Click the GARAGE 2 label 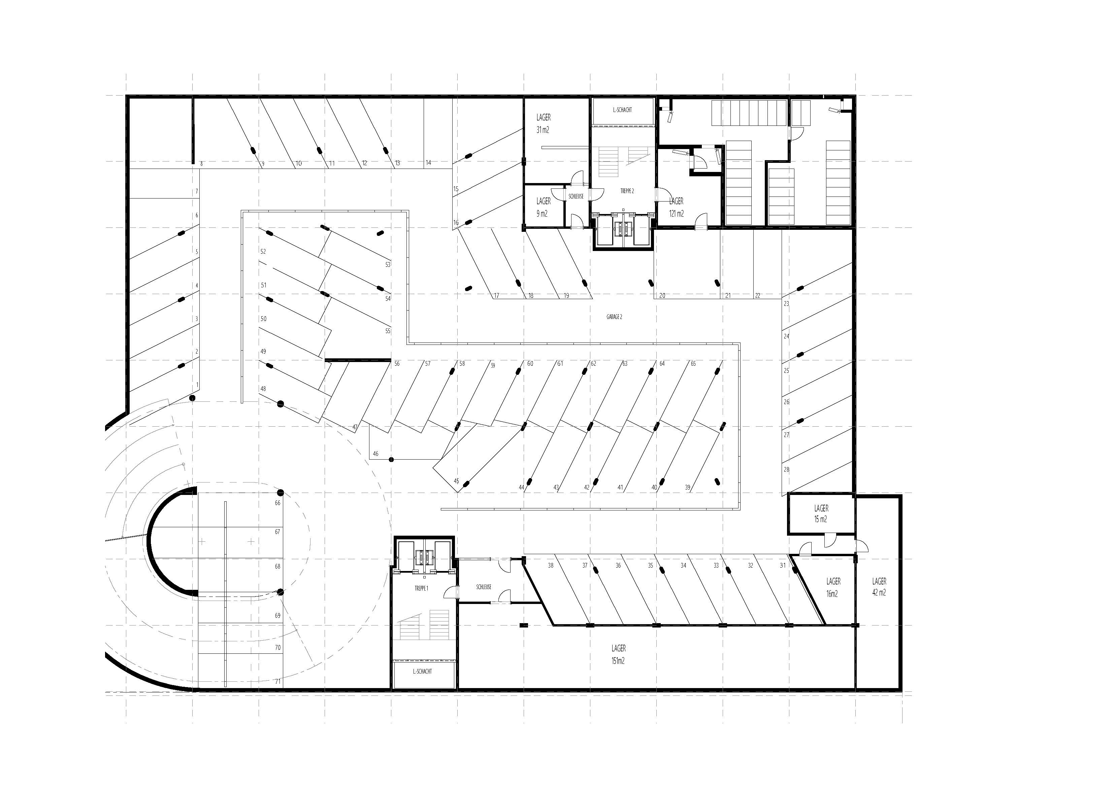pyautogui.click(x=614, y=317)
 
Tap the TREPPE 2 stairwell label pyautogui.click(x=627, y=191)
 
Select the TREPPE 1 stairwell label pyautogui.click(x=421, y=588)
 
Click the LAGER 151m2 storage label pyautogui.click(x=618, y=654)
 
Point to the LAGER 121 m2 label pyautogui.click(x=676, y=207)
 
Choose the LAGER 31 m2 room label pyautogui.click(x=544, y=123)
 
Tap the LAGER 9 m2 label pyautogui.click(x=544, y=207)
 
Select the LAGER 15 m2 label pyautogui.click(x=821, y=513)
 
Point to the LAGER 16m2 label pyautogui.click(x=833, y=587)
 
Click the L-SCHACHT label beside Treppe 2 pyautogui.click(x=623, y=110)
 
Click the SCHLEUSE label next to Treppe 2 pyautogui.click(x=576, y=196)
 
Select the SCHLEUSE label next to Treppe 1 pyautogui.click(x=484, y=587)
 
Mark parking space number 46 pyautogui.click(x=375, y=454)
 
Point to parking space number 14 pyautogui.click(x=428, y=163)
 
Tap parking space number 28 pyautogui.click(x=786, y=469)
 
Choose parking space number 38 pyautogui.click(x=551, y=565)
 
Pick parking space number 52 pyautogui.click(x=263, y=252)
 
